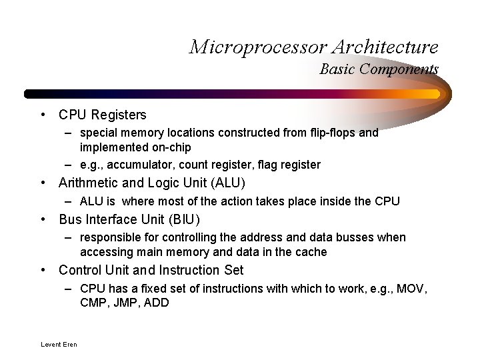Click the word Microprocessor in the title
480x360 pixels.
[257, 47]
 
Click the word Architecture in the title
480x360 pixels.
[385, 47]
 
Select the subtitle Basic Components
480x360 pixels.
[379, 69]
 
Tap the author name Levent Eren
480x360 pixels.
[59, 344]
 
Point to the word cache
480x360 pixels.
[311, 252]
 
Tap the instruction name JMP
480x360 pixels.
[125, 303]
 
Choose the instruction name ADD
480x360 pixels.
[157, 303]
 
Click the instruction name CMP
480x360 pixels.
[93, 303]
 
